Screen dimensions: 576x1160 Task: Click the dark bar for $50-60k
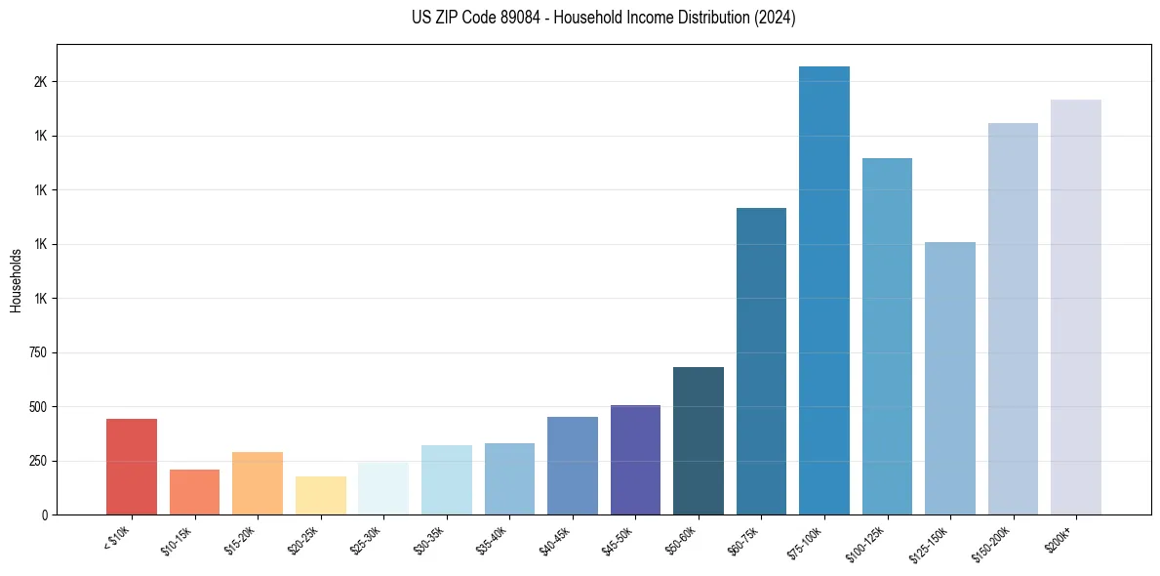point(699,440)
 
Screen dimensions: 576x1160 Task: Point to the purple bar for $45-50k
point(635,459)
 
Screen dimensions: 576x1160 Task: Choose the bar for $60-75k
point(761,361)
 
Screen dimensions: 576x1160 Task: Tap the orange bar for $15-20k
point(258,483)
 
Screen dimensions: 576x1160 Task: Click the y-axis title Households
point(16,280)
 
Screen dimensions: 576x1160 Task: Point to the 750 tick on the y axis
point(38,352)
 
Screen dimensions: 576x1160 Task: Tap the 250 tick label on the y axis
point(38,461)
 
